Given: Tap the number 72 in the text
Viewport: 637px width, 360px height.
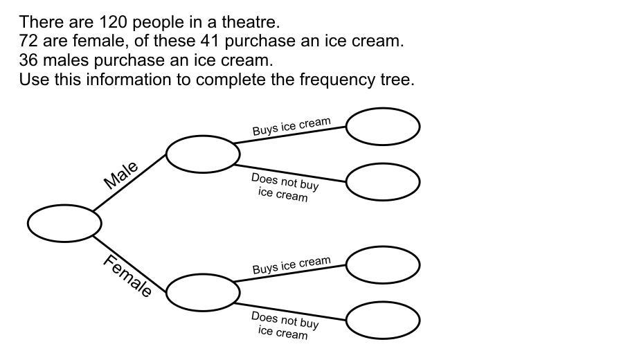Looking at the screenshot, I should [28, 41].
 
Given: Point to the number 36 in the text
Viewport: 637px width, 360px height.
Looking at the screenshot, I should [28, 60].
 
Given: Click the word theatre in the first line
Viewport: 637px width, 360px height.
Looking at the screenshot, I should [252, 21].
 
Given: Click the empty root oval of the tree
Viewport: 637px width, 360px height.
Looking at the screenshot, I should [64, 224].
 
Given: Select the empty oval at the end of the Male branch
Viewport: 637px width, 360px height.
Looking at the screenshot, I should [203, 154].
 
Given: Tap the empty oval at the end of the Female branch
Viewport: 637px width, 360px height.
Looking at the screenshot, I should [203, 292].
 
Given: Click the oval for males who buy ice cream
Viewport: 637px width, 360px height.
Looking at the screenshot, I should [383, 127].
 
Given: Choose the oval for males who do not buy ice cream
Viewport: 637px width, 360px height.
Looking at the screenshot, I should [383, 181].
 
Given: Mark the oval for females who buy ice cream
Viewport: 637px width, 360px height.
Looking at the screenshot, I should [383, 265].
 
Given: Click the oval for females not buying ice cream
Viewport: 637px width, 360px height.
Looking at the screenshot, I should [383, 320].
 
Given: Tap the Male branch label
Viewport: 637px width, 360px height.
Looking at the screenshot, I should [121, 175].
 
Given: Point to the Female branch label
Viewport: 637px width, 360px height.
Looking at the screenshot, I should [127, 276].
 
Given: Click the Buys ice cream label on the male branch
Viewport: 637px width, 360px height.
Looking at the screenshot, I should [291, 127].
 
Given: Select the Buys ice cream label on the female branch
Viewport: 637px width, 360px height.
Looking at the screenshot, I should [291, 265].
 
